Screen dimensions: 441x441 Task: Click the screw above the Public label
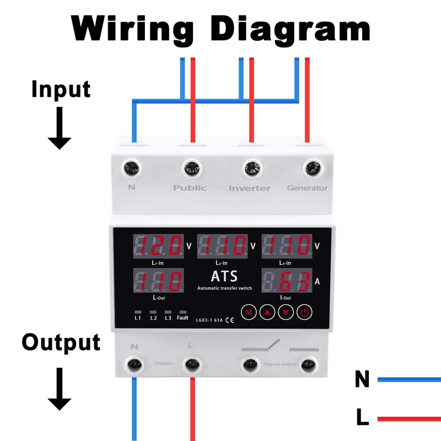pyautogui.click(x=191, y=166)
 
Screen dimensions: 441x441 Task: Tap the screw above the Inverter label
pyautogui.click(x=252, y=166)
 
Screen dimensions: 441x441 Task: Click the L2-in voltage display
pyautogui.click(x=222, y=246)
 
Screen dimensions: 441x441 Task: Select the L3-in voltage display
pyautogui.click(x=287, y=246)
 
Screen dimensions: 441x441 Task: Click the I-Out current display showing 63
pyautogui.click(x=287, y=281)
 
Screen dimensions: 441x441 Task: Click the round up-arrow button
pyautogui.click(x=267, y=313)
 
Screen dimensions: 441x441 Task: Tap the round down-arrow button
pyautogui.click(x=286, y=313)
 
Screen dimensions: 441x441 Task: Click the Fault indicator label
pyautogui.click(x=182, y=318)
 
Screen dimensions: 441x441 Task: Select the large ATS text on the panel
pyautogui.click(x=223, y=276)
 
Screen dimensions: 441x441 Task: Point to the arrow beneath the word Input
pyautogui.click(x=60, y=128)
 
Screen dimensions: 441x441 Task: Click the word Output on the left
pyautogui.click(x=61, y=342)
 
